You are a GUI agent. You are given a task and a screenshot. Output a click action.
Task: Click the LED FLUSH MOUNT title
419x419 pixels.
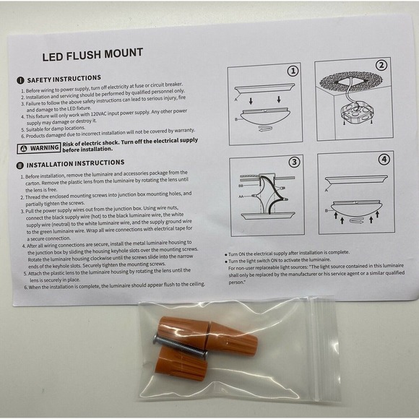click(92, 54)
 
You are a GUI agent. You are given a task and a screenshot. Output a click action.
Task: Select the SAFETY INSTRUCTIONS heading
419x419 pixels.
click(64, 79)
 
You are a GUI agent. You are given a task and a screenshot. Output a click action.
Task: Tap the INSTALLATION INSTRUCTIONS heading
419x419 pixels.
click(75, 163)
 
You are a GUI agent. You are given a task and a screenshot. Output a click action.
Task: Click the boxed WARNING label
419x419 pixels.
click(39, 148)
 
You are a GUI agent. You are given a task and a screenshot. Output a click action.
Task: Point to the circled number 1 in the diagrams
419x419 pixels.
click(293, 71)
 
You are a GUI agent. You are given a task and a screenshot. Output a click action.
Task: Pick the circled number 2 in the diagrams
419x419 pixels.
click(381, 65)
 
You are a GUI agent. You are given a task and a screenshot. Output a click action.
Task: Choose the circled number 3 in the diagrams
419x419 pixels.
click(294, 162)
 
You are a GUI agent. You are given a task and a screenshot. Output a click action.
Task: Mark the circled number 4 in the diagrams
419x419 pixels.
click(384, 159)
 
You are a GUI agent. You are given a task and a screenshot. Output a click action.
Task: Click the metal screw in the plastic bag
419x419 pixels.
click(180, 346)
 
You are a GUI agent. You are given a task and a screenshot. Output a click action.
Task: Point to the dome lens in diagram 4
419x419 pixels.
click(356, 209)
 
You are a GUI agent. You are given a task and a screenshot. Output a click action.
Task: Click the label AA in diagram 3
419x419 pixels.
click(241, 196)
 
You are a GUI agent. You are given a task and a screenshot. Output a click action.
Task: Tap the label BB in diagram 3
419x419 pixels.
click(241, 185)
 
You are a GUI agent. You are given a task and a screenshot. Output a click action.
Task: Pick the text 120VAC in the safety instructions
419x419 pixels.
click(98, 114)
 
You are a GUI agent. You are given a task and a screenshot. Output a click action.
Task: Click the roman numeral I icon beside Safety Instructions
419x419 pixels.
click(20, 80)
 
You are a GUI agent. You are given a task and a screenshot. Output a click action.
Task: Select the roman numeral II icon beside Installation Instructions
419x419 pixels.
click(20, 165)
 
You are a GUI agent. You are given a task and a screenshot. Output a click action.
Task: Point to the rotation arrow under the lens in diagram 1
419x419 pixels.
click(264, 129)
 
